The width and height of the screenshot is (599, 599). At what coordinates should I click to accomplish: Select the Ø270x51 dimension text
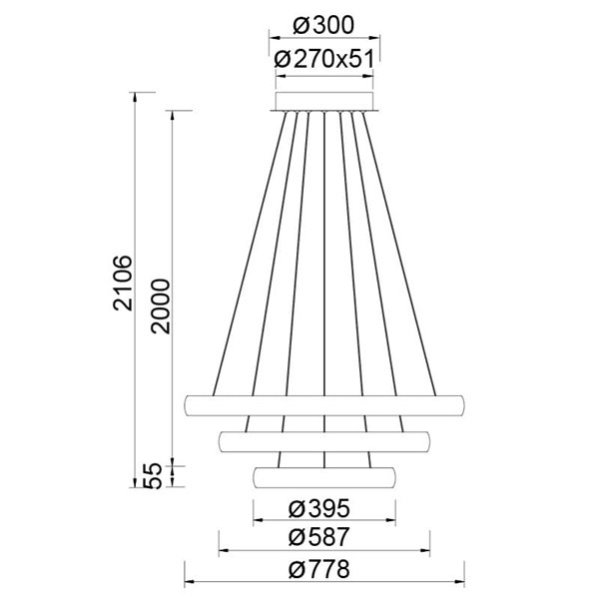324,59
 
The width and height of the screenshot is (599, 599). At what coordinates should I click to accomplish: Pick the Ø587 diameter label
324,537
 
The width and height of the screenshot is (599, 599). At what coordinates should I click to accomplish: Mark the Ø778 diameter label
324,571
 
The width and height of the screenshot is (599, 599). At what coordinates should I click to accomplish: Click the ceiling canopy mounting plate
324,100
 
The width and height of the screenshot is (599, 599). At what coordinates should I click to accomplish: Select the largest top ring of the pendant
324,404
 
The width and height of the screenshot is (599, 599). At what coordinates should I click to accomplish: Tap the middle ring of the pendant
324,440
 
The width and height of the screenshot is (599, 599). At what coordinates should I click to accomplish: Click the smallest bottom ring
324,476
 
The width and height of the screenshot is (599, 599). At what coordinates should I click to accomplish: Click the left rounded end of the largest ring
191,404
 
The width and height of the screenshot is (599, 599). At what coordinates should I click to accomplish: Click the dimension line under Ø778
324,584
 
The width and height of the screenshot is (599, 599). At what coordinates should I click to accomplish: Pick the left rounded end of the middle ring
223,440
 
